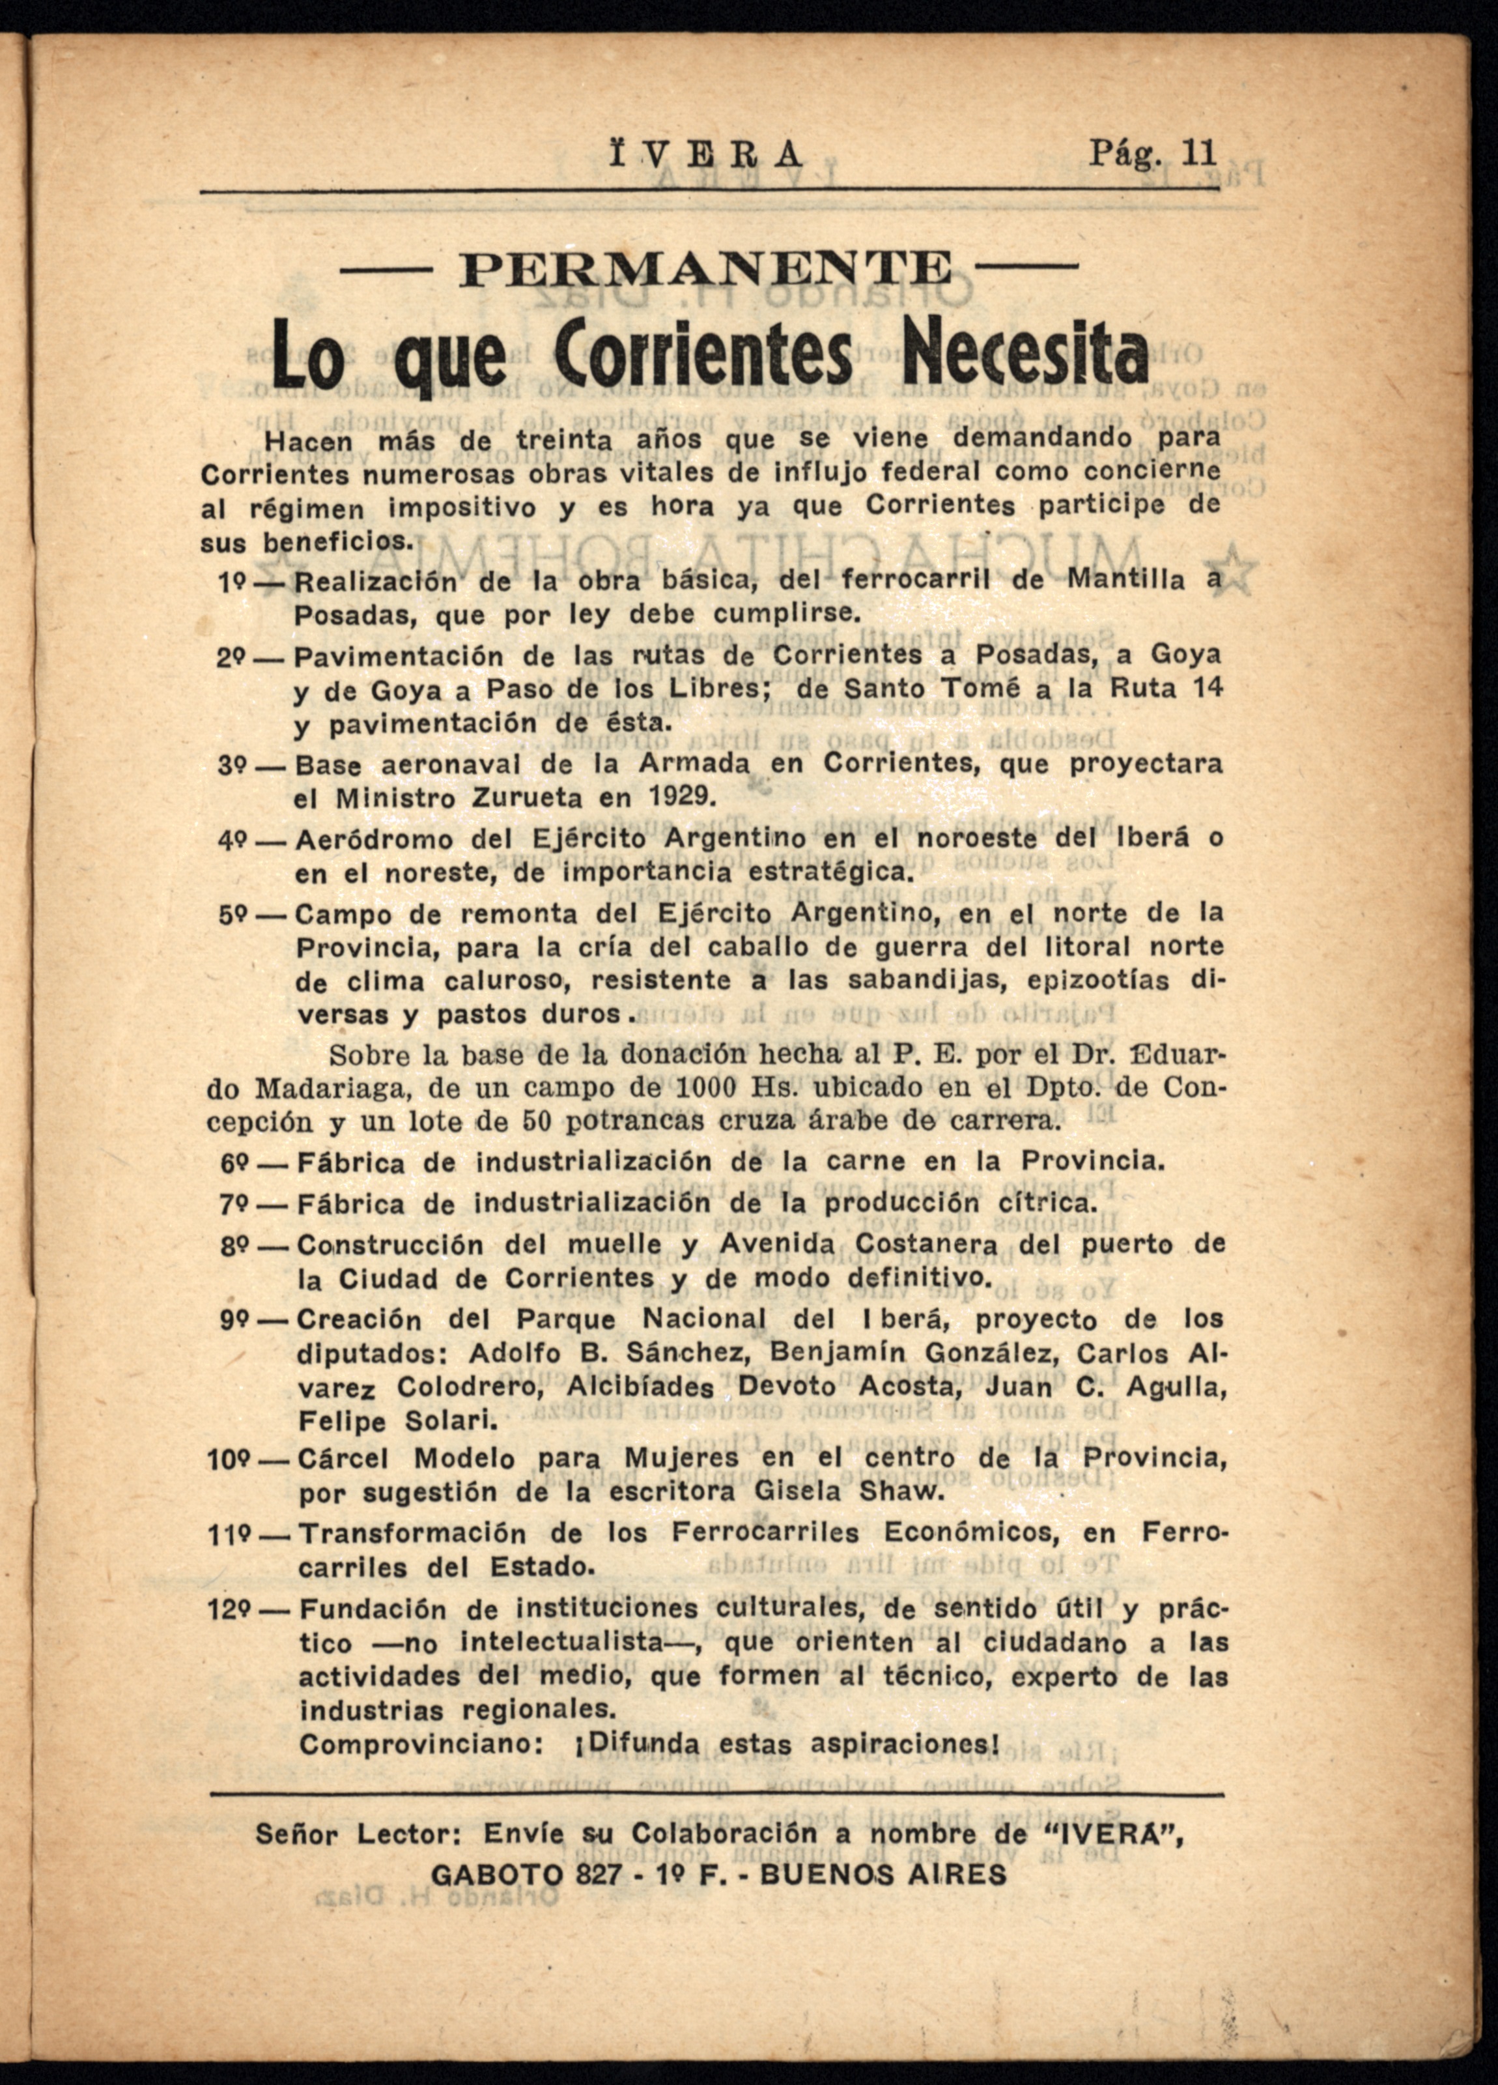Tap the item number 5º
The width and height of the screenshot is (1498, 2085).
click(233, 915)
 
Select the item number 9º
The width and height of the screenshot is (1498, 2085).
click(234, 1320)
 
